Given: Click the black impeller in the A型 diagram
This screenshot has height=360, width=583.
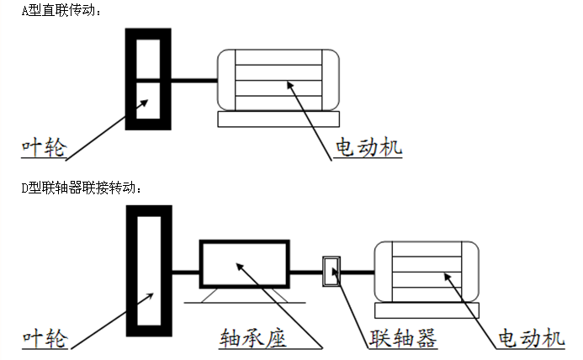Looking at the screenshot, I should point(148,80).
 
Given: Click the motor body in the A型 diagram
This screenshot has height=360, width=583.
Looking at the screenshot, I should point(277,80).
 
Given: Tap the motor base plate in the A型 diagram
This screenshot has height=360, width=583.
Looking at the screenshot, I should point(277,119).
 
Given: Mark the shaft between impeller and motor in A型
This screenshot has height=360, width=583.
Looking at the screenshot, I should point(194,81).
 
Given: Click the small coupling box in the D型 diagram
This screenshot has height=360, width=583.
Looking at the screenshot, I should point(331,271).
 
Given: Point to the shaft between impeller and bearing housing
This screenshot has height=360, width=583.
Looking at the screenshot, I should point(185,272).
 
